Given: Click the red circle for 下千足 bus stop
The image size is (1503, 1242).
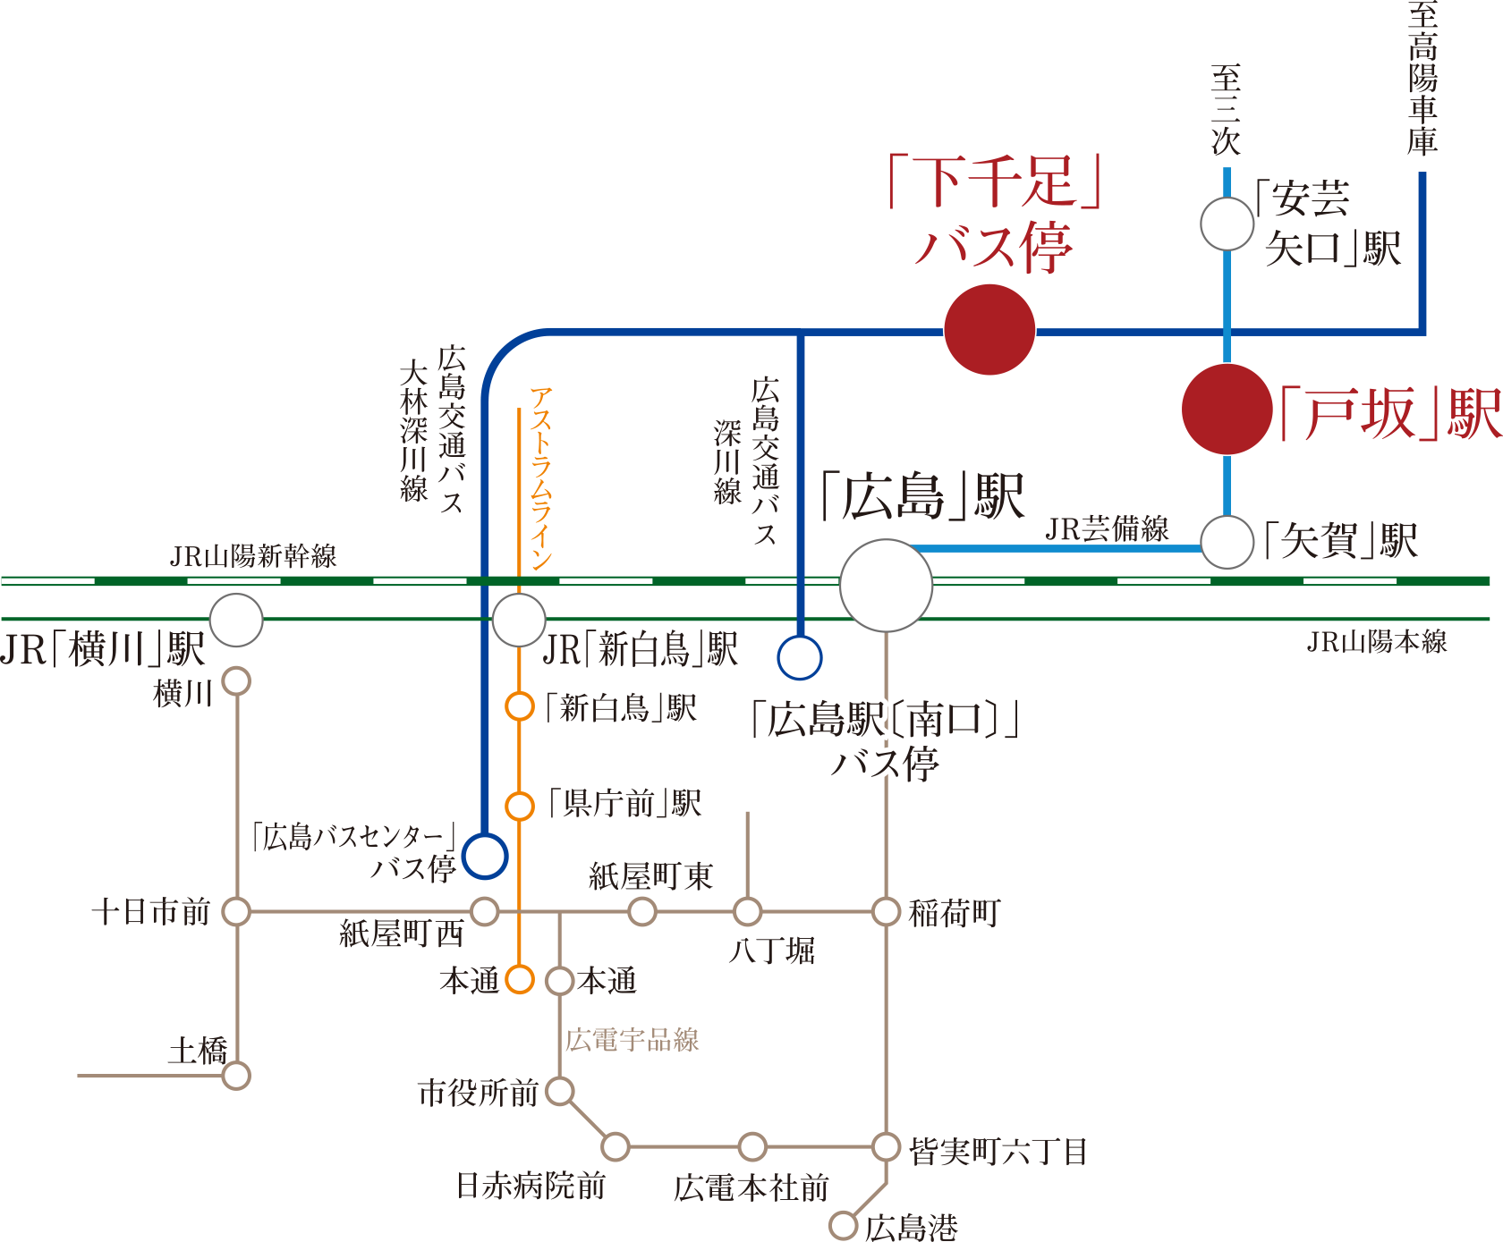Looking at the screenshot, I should tap(989, 330).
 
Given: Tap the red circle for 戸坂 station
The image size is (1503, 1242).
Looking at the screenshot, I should tap(1227, 410).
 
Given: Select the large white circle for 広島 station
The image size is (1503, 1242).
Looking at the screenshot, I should tap(886, 586).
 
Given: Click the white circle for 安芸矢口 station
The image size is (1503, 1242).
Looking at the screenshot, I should tap(1227, 224).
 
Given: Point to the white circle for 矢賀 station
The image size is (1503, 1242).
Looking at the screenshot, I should tap(1227, 542).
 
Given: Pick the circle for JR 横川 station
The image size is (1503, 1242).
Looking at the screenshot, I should tap(236, 620).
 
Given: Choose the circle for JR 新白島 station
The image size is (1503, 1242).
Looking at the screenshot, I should tap(519, 620).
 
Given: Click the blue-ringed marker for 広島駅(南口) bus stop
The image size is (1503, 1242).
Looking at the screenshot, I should tap(799, 658).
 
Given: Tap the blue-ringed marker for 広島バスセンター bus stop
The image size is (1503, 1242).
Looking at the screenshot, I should tap(485, 856).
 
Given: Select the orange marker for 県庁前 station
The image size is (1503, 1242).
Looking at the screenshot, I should tap(519, 806).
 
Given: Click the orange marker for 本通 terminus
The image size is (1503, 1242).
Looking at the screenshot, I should tap(519, 979).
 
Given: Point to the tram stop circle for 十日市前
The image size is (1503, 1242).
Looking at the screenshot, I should tap(236, 912).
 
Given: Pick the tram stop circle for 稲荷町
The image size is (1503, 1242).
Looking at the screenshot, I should tap(886, 912).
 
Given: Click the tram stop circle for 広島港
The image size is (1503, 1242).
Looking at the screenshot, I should tap(843, 1225).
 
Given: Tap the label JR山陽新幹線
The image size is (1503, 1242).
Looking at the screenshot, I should tap(253, 556).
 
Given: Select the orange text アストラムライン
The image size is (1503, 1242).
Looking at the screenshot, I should tap(541, 478).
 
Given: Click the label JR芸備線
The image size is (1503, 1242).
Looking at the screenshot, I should tap(1107, 529).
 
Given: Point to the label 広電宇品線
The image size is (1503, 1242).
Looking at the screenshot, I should tap(632, 1040).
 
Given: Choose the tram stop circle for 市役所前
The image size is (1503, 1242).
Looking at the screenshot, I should tap(559, 1091).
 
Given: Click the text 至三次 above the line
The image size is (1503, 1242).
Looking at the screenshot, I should tap(1226, 110).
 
